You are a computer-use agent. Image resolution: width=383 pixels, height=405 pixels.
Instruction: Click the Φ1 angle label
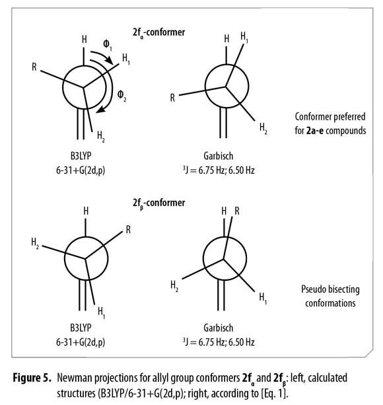tap(108, 44)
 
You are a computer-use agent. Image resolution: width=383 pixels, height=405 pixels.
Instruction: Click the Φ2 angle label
tap(122, 96)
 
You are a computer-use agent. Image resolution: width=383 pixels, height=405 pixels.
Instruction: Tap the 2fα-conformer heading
tap(159, 32)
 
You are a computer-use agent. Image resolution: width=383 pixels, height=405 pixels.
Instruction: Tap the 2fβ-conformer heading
tap(159, 203)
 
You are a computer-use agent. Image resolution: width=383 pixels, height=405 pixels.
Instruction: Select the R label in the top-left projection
tap(34, 67)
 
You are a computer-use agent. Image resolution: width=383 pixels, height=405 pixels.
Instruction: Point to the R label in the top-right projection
tap(172, 98)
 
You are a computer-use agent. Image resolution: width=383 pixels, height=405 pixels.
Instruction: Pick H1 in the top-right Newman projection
tap(244, 37)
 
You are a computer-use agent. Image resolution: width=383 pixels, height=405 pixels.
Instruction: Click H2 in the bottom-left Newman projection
tap(35, 243)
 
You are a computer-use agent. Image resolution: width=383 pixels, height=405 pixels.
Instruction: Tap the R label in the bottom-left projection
tap(128, 229)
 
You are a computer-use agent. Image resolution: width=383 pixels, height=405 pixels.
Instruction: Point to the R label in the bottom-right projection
tap(237, 211)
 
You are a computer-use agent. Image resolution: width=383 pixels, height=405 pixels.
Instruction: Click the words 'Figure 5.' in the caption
tap(32, 378)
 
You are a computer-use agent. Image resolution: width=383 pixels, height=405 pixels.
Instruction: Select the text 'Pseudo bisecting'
tap(330, 289)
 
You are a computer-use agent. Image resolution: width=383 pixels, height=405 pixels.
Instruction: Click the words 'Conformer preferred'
tap(330, 117)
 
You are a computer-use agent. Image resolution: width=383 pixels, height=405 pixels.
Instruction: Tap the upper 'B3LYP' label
tap(81, 156)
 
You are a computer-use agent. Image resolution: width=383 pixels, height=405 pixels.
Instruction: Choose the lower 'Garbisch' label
tap(219, 328)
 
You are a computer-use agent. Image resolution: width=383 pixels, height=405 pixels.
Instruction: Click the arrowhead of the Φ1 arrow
tap(110, 61)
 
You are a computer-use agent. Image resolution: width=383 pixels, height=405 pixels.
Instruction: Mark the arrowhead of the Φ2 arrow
tap(100, 110)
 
